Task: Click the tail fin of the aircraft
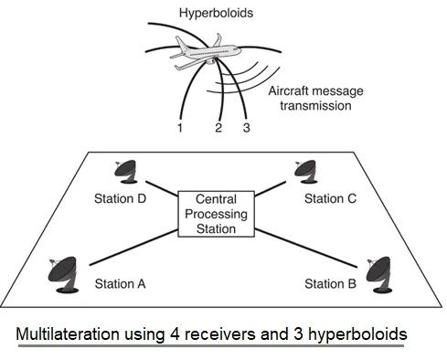(218, 42)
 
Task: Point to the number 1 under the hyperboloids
(180, 128)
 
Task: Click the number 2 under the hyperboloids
(218, 128)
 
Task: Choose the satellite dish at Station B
(378, 271)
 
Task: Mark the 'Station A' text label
(121, 283)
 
